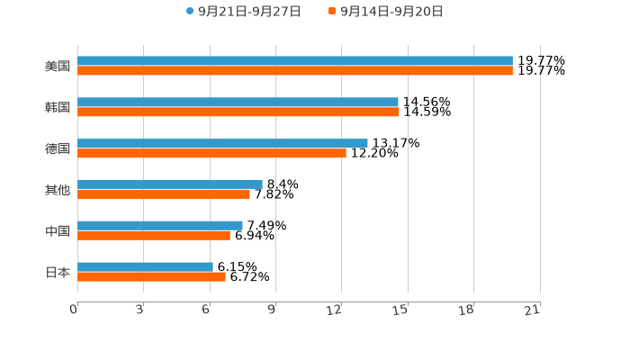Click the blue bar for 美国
pos(295,61)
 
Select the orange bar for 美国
pos(295,70)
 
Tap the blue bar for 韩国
pos(238,103)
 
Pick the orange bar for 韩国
pos(238,112)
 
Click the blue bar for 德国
pos(222,143)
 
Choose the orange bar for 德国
pos(211,153)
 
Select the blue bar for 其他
pos(170,184)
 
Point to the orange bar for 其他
pos(164,193)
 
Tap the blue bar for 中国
pos(160,225)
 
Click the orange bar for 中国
pos(154,235)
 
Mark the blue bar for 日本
pos(145,266)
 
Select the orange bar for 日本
pos(151,276)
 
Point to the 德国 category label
pos(58,148)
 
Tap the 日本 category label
pos(58,272)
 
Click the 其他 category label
pos(58,190)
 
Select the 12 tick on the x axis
pos(335,310)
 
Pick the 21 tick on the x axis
pos(533,310)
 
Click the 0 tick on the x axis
pos(75,310)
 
